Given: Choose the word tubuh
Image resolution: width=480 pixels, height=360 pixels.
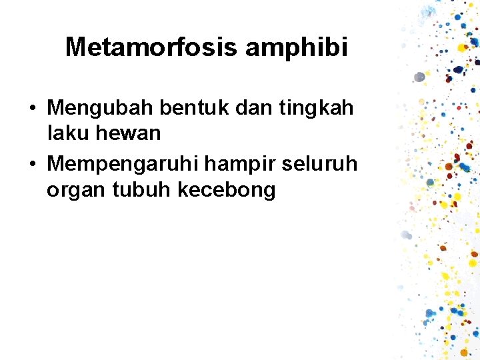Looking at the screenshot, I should tap(141, 190).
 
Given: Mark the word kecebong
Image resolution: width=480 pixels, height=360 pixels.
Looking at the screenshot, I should tap(226, 191).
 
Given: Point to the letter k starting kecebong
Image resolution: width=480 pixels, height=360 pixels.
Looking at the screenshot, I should tap(182, 190).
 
